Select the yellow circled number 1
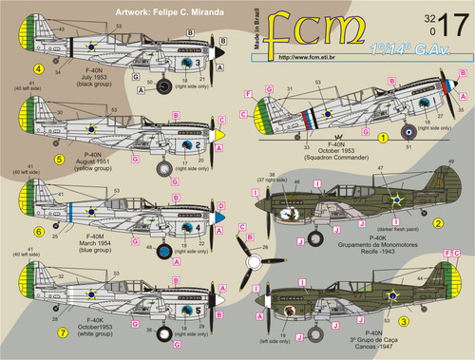click(384, 137)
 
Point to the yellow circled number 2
click(439, 223)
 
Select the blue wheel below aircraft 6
click(163, 252)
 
